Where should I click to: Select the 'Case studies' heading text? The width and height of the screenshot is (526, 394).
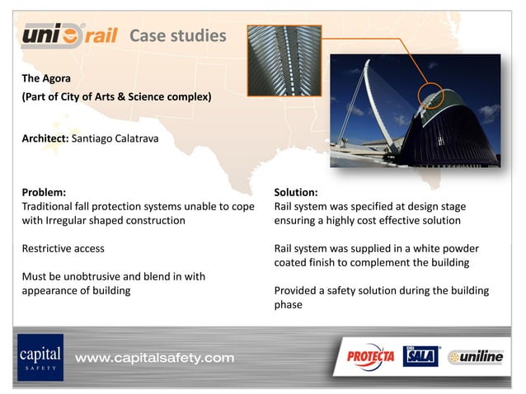177,36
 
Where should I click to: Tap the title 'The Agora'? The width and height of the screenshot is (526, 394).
46,78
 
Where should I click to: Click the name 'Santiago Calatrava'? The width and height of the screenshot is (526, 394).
115,138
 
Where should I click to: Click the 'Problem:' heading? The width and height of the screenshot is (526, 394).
44,192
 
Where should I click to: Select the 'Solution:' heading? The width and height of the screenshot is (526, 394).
295,192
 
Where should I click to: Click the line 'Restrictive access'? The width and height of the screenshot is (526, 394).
63,248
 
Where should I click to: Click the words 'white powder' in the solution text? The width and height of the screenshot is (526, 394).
444,248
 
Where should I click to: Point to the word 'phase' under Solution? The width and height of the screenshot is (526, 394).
289,304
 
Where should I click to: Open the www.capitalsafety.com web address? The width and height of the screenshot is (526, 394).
155,358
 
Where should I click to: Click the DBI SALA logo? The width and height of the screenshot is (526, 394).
420,356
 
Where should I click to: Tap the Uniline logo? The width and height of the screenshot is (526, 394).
476,358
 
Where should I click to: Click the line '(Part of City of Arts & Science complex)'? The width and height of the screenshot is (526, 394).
116,97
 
